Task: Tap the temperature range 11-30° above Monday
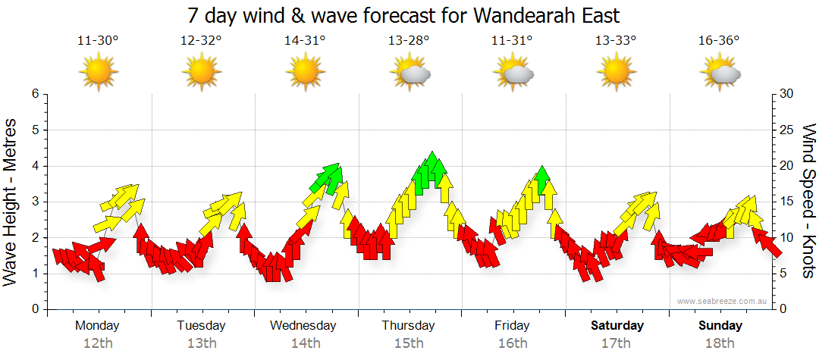[x=98, y=41]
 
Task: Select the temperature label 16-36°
[x=719, y=41]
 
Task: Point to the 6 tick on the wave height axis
[x=34, y=94]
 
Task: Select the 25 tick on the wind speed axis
[x=787, y=130]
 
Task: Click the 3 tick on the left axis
[x=34, y=202]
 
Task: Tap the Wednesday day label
[x=303, y=326]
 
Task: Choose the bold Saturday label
[x=617, y=326]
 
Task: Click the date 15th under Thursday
[x=409, y=343]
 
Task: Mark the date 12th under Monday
[x=98, y=343]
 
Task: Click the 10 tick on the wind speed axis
[x=787, y=238]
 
